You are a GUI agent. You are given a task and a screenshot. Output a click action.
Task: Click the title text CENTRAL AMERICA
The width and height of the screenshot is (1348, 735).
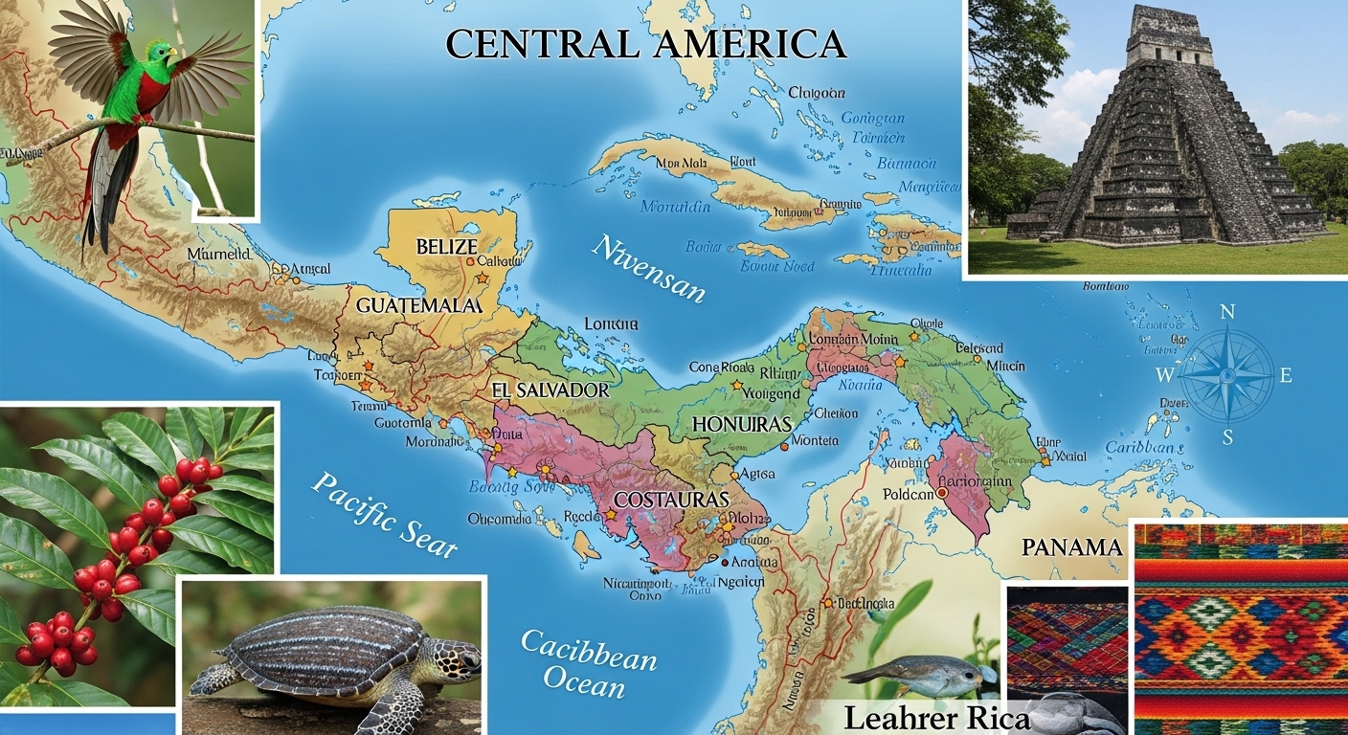[646, 43]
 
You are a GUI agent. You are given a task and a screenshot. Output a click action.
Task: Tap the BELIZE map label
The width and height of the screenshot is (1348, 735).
[446, 246]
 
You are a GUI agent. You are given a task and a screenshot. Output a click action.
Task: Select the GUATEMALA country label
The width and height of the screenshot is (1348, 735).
[418, 306]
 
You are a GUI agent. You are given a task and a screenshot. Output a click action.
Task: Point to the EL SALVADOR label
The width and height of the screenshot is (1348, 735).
[550, 390]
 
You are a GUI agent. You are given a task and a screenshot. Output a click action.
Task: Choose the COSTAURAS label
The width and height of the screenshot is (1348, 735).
[671, 500]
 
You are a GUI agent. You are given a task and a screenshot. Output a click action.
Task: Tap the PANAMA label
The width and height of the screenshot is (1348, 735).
[1071, 547]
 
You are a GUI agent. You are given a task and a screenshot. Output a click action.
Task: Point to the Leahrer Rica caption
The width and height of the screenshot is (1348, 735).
[936, 718]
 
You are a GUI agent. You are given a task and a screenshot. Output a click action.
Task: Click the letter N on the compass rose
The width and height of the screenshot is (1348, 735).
[1227, 312]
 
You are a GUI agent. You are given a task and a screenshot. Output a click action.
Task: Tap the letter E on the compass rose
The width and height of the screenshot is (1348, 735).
[1286, 376]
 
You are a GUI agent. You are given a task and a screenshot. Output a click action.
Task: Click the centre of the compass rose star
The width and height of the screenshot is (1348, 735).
[1226, 376]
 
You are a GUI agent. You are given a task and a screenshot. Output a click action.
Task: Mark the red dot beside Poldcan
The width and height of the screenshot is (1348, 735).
[942, 492]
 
